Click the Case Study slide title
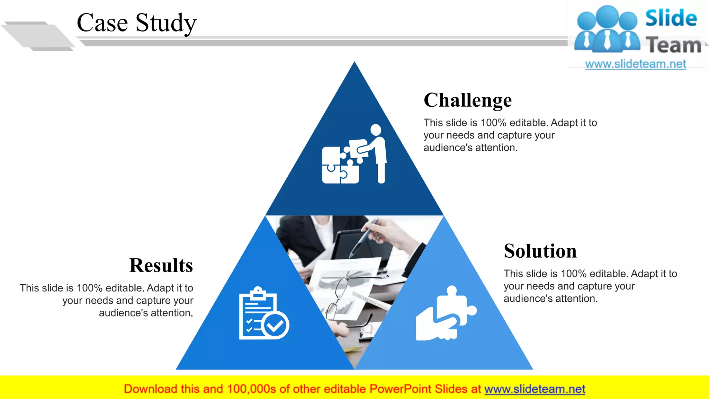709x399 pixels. [x=136, y=23]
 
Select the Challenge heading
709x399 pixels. [x=467, y=100]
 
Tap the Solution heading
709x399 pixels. [x=540, y=251]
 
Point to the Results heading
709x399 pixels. [x=161, y=266]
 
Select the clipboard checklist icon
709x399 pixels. [x=258, y=313]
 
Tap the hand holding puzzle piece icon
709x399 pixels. [x=445, y=315]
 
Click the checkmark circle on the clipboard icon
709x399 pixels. [x=276, y=325]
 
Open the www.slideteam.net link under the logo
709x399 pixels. [x=635, y=64]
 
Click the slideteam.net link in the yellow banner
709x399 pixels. [x=535, y=389]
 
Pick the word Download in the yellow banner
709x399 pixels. [x=150, y=389]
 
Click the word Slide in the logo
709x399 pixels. [x=671, y=18]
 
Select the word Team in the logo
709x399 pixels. [x=673, y=45]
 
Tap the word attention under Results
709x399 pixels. [x=170, y=313]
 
